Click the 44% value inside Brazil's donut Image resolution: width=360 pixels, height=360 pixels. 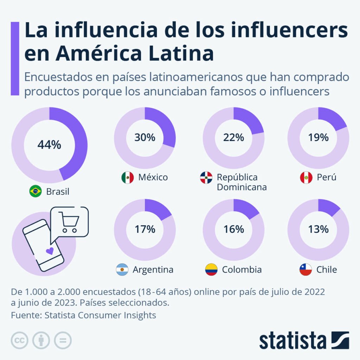[49, 145]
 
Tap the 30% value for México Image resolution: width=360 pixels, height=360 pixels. [145, 137]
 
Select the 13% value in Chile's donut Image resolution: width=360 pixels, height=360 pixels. [318, 229]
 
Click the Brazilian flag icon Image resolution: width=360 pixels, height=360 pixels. [36, 192]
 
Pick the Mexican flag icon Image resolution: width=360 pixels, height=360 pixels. [127, 178]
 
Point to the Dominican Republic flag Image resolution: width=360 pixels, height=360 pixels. [206, 178]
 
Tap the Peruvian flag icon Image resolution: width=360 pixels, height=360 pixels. [306, 178]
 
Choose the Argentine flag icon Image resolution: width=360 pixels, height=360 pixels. [122, 270]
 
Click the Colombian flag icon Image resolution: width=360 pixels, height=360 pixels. [211, 270]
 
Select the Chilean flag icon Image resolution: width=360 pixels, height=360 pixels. [306, 270]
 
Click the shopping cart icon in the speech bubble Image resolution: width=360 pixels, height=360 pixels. [69, 222]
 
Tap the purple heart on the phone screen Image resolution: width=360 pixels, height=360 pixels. [50, 251]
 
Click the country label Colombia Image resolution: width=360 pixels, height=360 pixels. [242, 270]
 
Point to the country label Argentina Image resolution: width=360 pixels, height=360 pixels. [153, 270]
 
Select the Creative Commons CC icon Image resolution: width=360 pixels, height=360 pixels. [20, 340]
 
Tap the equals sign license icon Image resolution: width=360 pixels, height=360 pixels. [63, 340]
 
